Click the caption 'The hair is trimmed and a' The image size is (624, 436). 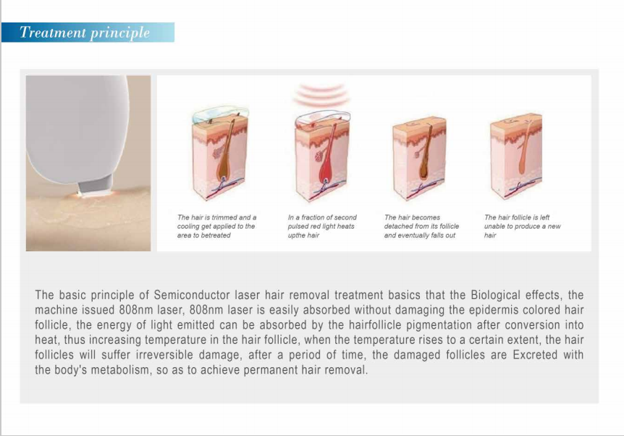pos(217,217)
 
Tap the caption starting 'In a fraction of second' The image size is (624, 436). pos(322,217)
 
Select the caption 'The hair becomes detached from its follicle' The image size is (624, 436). pos(421,226)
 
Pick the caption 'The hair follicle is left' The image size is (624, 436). pos(517,217)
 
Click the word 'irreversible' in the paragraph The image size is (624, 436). pos(129,356)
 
